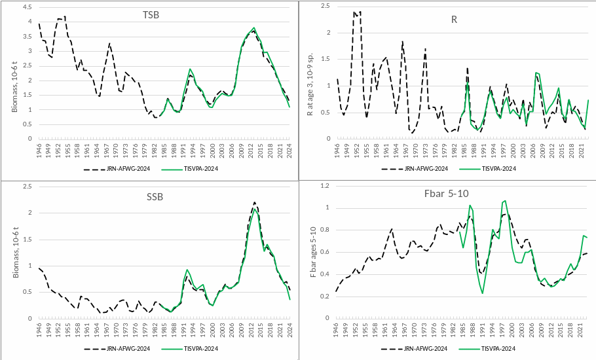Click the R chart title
(x=454, y=19)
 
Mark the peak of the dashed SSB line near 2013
(x=254, y=202)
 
